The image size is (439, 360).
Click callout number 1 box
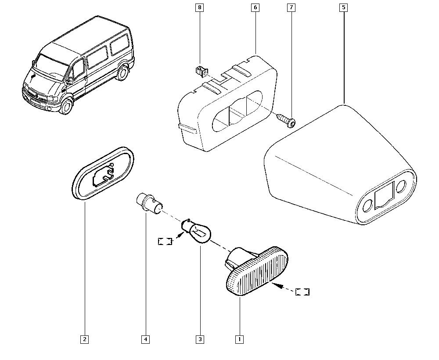point(239,339)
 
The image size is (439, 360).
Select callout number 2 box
point(84,339)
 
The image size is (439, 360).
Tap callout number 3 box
point(200,339)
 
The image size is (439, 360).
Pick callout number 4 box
point(145,339)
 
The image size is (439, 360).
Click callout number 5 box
point(343,7)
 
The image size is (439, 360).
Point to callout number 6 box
point(255,7)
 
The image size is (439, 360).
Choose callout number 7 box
point(291,7)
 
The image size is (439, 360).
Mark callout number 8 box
point(200,7)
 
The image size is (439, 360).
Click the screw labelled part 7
point(286,119)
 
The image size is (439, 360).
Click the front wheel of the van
point(67,106)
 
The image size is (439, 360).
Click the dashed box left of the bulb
point(165,241)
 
